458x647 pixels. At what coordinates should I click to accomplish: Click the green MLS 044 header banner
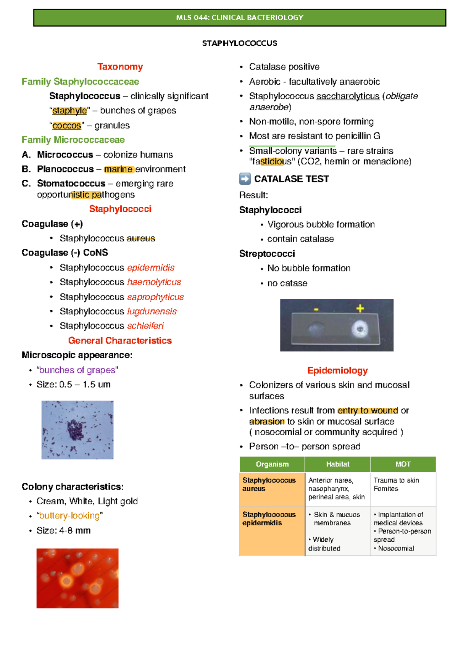[x=240, y=18]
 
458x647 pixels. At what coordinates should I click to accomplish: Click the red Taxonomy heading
[x=120, y=67]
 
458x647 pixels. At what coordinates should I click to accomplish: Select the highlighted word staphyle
[x=69, y=111]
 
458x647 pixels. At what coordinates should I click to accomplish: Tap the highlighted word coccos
[x=67, y=126]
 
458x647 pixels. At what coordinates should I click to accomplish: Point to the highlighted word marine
[x=118, y=169]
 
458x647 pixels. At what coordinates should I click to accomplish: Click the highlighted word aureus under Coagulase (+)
[x=141, y=238]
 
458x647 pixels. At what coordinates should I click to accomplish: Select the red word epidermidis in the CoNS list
[x=151, y=267]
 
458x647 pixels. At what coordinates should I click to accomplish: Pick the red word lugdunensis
[x=152, y=311]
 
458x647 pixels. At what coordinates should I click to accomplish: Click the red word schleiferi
[x=145, y=326]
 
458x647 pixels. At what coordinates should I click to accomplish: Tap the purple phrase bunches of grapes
[x=77, y=370]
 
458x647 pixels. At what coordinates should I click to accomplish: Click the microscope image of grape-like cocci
[x=77, y=430]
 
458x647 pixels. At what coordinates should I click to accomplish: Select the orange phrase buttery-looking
[x=69, y=516]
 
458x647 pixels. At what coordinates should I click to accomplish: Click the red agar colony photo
[x=77, y=578]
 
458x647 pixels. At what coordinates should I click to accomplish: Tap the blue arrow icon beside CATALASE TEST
[x=245, y=179]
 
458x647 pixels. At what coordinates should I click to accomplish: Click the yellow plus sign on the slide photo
[x=360, y=308]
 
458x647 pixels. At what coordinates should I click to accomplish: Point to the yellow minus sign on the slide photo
[x=316, y=309]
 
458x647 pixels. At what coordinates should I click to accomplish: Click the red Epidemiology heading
[x=337, y=370]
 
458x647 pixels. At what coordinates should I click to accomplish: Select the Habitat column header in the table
[x=337, y=464]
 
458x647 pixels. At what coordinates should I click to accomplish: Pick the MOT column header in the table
[x=403, y=464]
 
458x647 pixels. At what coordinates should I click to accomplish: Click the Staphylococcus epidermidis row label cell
[x=272, y=531]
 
